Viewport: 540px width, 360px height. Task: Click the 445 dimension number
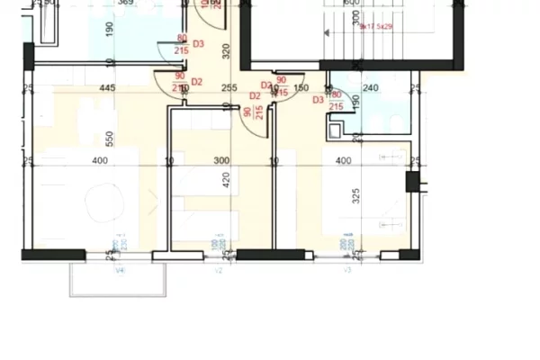click(107, 88)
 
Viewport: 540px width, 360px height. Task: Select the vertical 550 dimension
click(109, 139)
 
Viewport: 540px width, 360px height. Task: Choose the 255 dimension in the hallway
click(229, 88)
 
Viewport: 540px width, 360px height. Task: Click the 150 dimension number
click(302, 88)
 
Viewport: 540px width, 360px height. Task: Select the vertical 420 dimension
click(227, 178)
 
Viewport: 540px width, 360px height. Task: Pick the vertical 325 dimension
click(356, 197)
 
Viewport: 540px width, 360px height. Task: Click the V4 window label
click(118, 268)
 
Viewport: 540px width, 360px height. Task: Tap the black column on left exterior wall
click(27, 53)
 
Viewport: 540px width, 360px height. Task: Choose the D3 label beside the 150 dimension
click(318, 100)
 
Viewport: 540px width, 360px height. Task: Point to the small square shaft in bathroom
click(336, 131)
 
